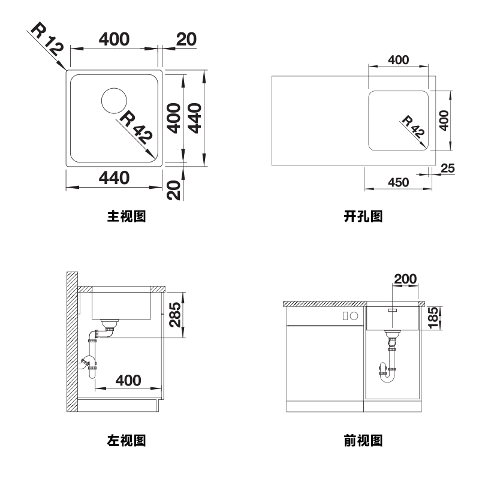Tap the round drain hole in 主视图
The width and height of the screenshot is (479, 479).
pos(114,100)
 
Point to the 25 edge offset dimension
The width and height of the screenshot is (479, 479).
pos(447,168)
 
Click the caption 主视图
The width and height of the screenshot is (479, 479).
pos(126,216)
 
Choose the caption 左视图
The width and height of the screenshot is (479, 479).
pos(126,442)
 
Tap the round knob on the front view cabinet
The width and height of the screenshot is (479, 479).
pos(354,316)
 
